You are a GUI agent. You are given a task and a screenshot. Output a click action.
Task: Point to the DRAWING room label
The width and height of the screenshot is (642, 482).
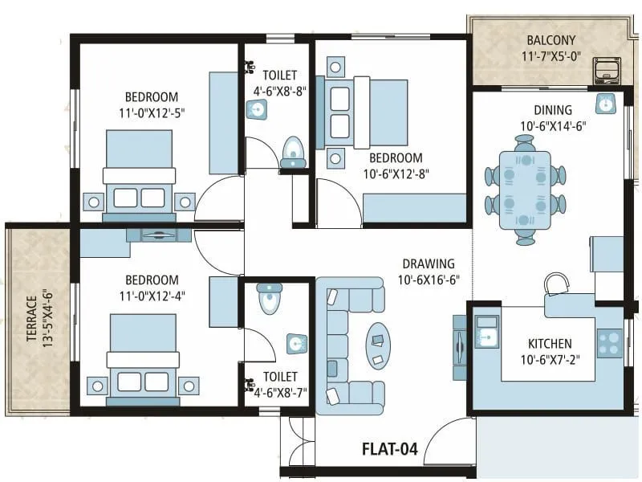tap(429, 263)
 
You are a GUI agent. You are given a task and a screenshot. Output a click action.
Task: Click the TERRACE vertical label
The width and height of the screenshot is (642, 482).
tap(31, 320)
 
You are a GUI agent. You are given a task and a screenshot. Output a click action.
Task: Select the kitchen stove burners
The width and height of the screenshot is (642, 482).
tap(609, 343)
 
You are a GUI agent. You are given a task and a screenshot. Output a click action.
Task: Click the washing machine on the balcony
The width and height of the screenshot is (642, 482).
tap(608, 70)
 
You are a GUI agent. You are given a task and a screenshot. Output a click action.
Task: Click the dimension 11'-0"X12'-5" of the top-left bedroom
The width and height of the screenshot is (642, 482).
tap(151, 112)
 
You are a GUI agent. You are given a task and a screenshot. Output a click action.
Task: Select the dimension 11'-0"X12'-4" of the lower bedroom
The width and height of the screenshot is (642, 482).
tap(151, 296)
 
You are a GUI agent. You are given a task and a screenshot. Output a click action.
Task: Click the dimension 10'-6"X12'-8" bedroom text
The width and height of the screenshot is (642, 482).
tap(395, 174)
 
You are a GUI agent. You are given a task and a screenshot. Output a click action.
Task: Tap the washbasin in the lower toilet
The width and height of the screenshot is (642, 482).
tap(296, 344)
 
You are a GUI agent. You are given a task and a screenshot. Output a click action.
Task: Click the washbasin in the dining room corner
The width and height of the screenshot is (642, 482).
tap(605, 102)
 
